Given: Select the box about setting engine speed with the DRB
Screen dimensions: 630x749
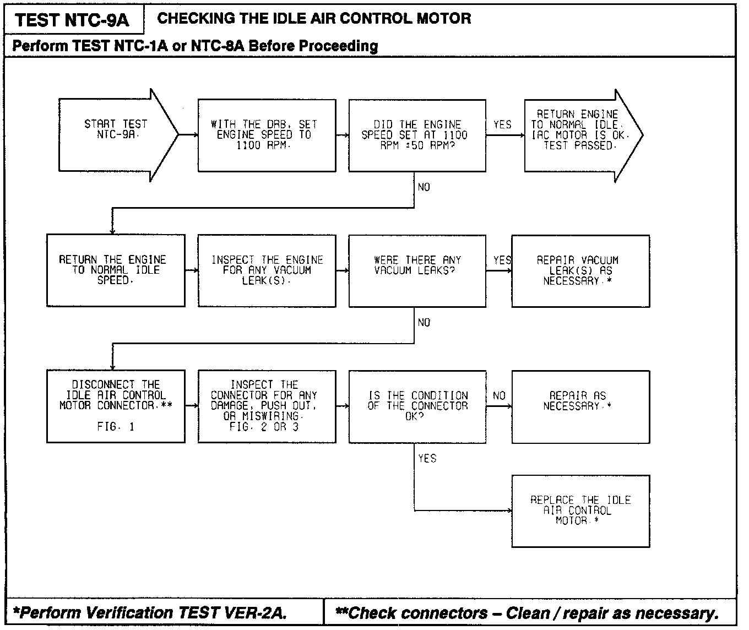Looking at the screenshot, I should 267,135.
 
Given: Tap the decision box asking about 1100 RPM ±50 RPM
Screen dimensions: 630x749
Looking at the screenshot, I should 417,135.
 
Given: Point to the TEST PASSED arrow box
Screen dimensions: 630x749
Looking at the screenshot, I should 578,135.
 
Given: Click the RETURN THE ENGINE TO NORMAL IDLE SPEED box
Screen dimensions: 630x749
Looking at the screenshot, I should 116,270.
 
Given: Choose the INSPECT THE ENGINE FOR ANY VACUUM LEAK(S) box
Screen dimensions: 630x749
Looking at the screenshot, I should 267,270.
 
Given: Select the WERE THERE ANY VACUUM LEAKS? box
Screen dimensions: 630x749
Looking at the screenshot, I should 417,270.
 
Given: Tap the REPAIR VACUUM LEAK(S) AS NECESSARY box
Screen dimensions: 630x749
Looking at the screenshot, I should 580,270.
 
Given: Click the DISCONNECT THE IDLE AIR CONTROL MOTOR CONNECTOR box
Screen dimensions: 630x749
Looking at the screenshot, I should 116,406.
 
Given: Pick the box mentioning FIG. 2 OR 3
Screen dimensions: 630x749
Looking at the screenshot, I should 267,406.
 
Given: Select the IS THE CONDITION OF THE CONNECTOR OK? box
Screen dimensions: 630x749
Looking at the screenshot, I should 417,406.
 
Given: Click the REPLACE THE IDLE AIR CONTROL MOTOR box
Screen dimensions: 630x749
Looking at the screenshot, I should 580,511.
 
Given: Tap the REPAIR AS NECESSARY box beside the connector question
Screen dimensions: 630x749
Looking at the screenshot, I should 580,406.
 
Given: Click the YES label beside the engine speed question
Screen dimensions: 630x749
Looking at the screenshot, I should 502,125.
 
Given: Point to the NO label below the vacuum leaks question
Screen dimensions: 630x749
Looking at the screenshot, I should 424,323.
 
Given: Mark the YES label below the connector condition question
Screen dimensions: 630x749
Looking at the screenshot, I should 427,458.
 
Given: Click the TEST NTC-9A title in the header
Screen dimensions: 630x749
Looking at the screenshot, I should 72,20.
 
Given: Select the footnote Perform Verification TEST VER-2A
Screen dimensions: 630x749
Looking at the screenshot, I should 150,612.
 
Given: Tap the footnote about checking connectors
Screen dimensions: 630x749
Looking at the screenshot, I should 527,612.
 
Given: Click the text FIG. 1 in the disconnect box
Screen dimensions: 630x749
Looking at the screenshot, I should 116,427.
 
